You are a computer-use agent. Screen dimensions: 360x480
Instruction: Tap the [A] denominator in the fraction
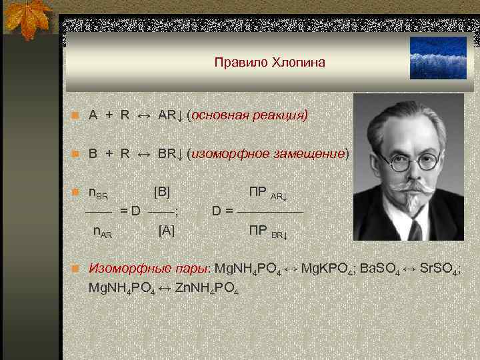tap(166, 231)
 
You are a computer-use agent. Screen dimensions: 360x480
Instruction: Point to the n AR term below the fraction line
tap(102, 233)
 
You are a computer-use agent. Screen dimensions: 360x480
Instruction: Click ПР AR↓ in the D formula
tap(268, 193)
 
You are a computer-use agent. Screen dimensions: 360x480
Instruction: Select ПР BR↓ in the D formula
tap(268, 231)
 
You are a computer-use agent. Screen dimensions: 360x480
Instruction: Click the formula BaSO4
tap(381, 270)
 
